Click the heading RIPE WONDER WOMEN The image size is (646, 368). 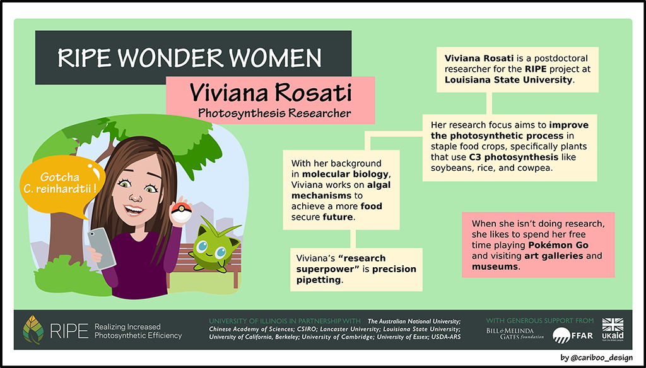point(189,58)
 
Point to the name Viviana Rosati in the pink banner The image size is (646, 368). point(270,94)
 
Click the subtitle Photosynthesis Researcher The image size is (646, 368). point(274,113)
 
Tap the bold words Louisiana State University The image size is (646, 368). point(508,80)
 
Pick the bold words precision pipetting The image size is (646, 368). point(356,274)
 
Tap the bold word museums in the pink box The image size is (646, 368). point(496,267)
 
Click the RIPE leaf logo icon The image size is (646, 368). point(34,330)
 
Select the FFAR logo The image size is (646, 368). point(572,335)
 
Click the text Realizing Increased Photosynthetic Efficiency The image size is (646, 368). point(138,331)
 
